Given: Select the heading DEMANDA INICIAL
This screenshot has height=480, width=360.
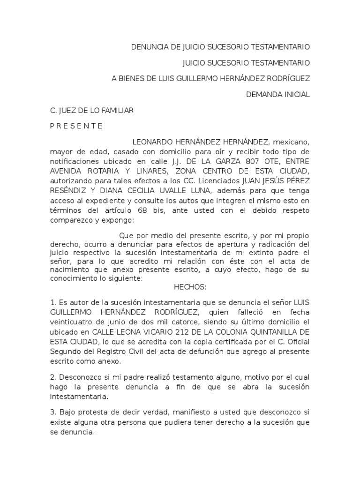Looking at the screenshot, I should (x=278, y=94).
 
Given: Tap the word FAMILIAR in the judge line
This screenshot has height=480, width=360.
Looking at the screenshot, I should (x=117, y=110).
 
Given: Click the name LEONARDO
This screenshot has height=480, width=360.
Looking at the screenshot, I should (x=153, y=142).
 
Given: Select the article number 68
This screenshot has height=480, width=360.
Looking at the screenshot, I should (x=153, y=210).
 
